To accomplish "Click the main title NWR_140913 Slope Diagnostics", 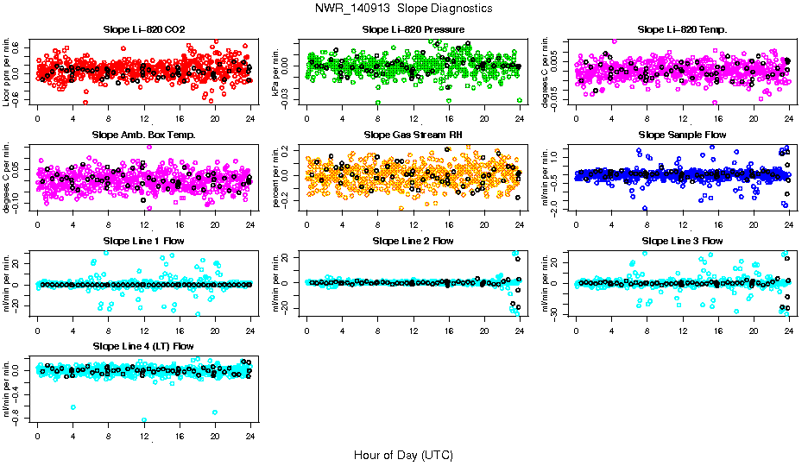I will (x=404, y=8).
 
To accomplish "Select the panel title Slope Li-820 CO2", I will (x=143, y=29).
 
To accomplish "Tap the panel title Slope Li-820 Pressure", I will (x=413, y=29).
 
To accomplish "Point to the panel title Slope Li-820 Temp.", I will (x=682, y=29).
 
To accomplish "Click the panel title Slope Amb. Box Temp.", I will (x=143, y=135).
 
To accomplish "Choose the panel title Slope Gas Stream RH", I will (x=413, y=135).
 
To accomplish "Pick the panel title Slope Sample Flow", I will (x=682, y=135).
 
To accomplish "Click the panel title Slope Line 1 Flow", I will (x=143, y=241).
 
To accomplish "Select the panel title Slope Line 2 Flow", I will (x=413, y=241).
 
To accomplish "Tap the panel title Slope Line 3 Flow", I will (x=682, y=241).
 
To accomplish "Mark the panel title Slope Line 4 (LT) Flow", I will (x=143, y=346).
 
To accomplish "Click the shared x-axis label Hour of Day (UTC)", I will (x=403, y=454).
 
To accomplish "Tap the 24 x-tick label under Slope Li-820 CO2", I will (x=250, y=119).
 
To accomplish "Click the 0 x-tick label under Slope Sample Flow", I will (x=577, y=224).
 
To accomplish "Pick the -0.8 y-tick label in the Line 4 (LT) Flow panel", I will (x=17, y=419).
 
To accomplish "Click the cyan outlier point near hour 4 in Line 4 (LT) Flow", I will (x=73, y=407).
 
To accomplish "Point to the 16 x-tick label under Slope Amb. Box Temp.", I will (x=179, y=224).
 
